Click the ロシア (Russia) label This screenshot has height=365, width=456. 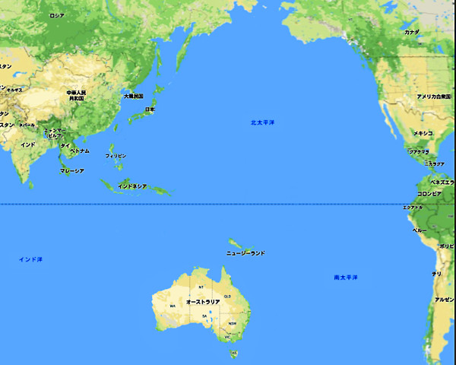coord(56,15)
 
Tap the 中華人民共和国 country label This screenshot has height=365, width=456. coord(77,95)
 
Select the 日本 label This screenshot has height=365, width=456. coord(150,109)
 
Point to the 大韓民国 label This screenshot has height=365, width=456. coord(133,97)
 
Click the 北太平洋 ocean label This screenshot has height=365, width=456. coord(262,122)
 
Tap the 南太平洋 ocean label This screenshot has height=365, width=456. coord(346,277)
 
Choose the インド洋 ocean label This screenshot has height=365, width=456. coord(30,259)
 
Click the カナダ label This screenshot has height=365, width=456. coord(411,33)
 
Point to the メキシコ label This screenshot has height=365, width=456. coord(423,133)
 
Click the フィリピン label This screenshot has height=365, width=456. coord(116,155)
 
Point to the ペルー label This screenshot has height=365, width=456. coord(420,229)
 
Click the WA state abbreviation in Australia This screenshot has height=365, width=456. coord(173,306)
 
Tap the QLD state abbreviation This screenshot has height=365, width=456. coord(226,295)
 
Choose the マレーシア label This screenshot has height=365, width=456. coord(71,170)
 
